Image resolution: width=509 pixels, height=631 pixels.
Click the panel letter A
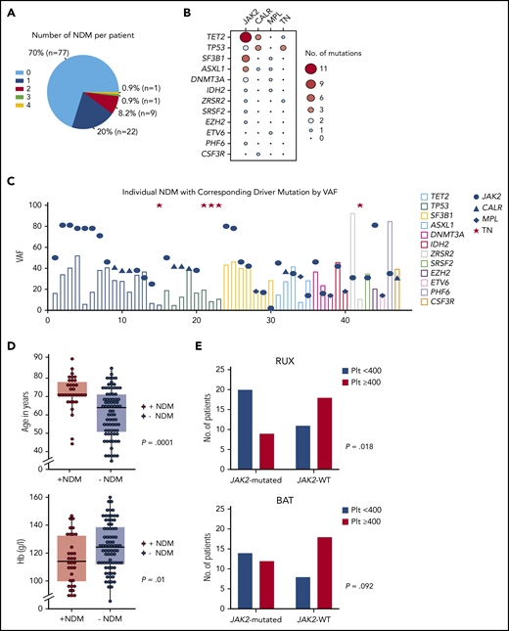(x=10, y=9)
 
